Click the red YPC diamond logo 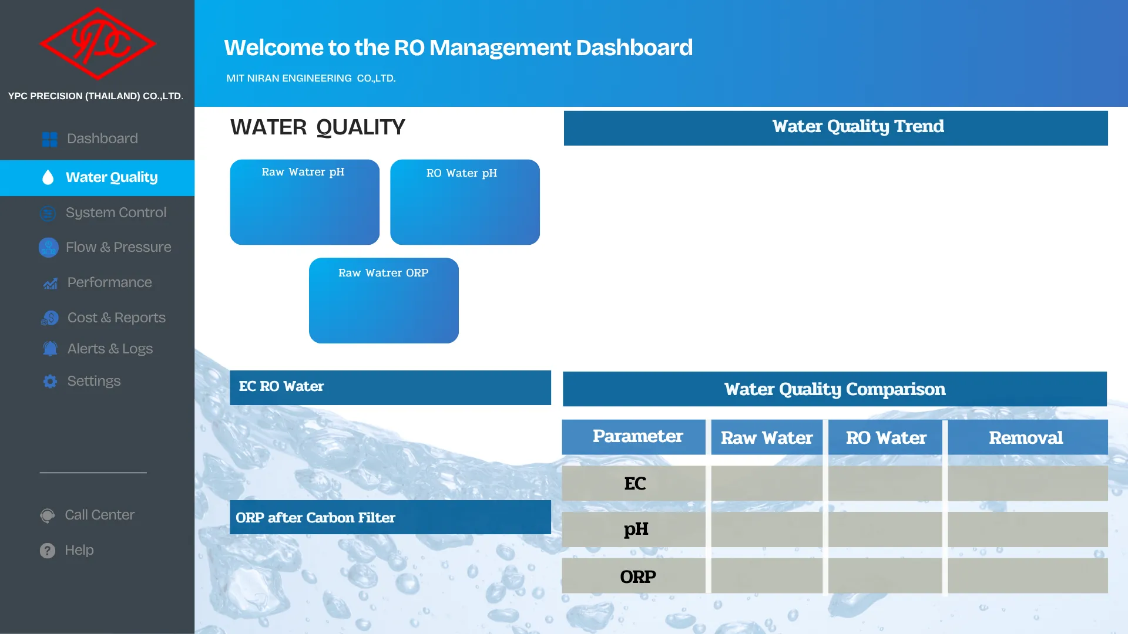(x=98, y=43)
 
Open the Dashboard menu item (x=102, y=139)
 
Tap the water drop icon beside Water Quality (x=48, y=177)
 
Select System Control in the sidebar (x=116, y=213)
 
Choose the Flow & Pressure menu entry (x=118, y=247)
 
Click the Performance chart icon (x=50, y=284)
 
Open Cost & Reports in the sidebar (x=116, y=318)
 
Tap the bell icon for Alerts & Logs (x=50, y=349)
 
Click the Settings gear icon (x=50, y=382)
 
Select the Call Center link (x=99, y=515)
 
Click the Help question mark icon (x=48, y=551)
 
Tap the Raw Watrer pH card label (x=303, y=172)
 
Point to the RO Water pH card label (x=462, y=173)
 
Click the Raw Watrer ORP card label (x=383, y=273)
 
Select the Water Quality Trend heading (x=858, y=127)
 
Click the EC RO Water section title (x=281, y=386)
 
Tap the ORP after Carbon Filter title (x=315, y=518)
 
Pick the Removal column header (x=1026, y=438)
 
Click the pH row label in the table (x=636, y=530)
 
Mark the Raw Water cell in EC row (x=767, y=483)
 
